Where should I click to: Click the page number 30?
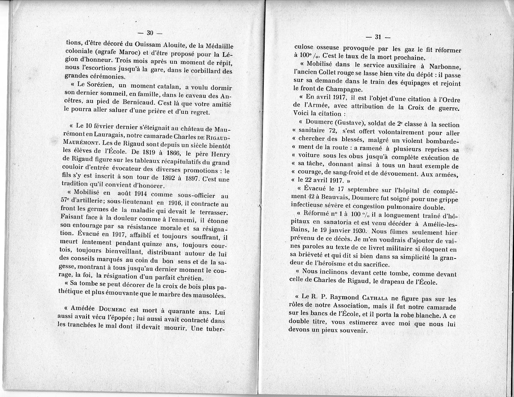pyautogui.click(x=150, y=33)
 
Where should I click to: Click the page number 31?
pyautogui.click(x=378, y=37)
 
